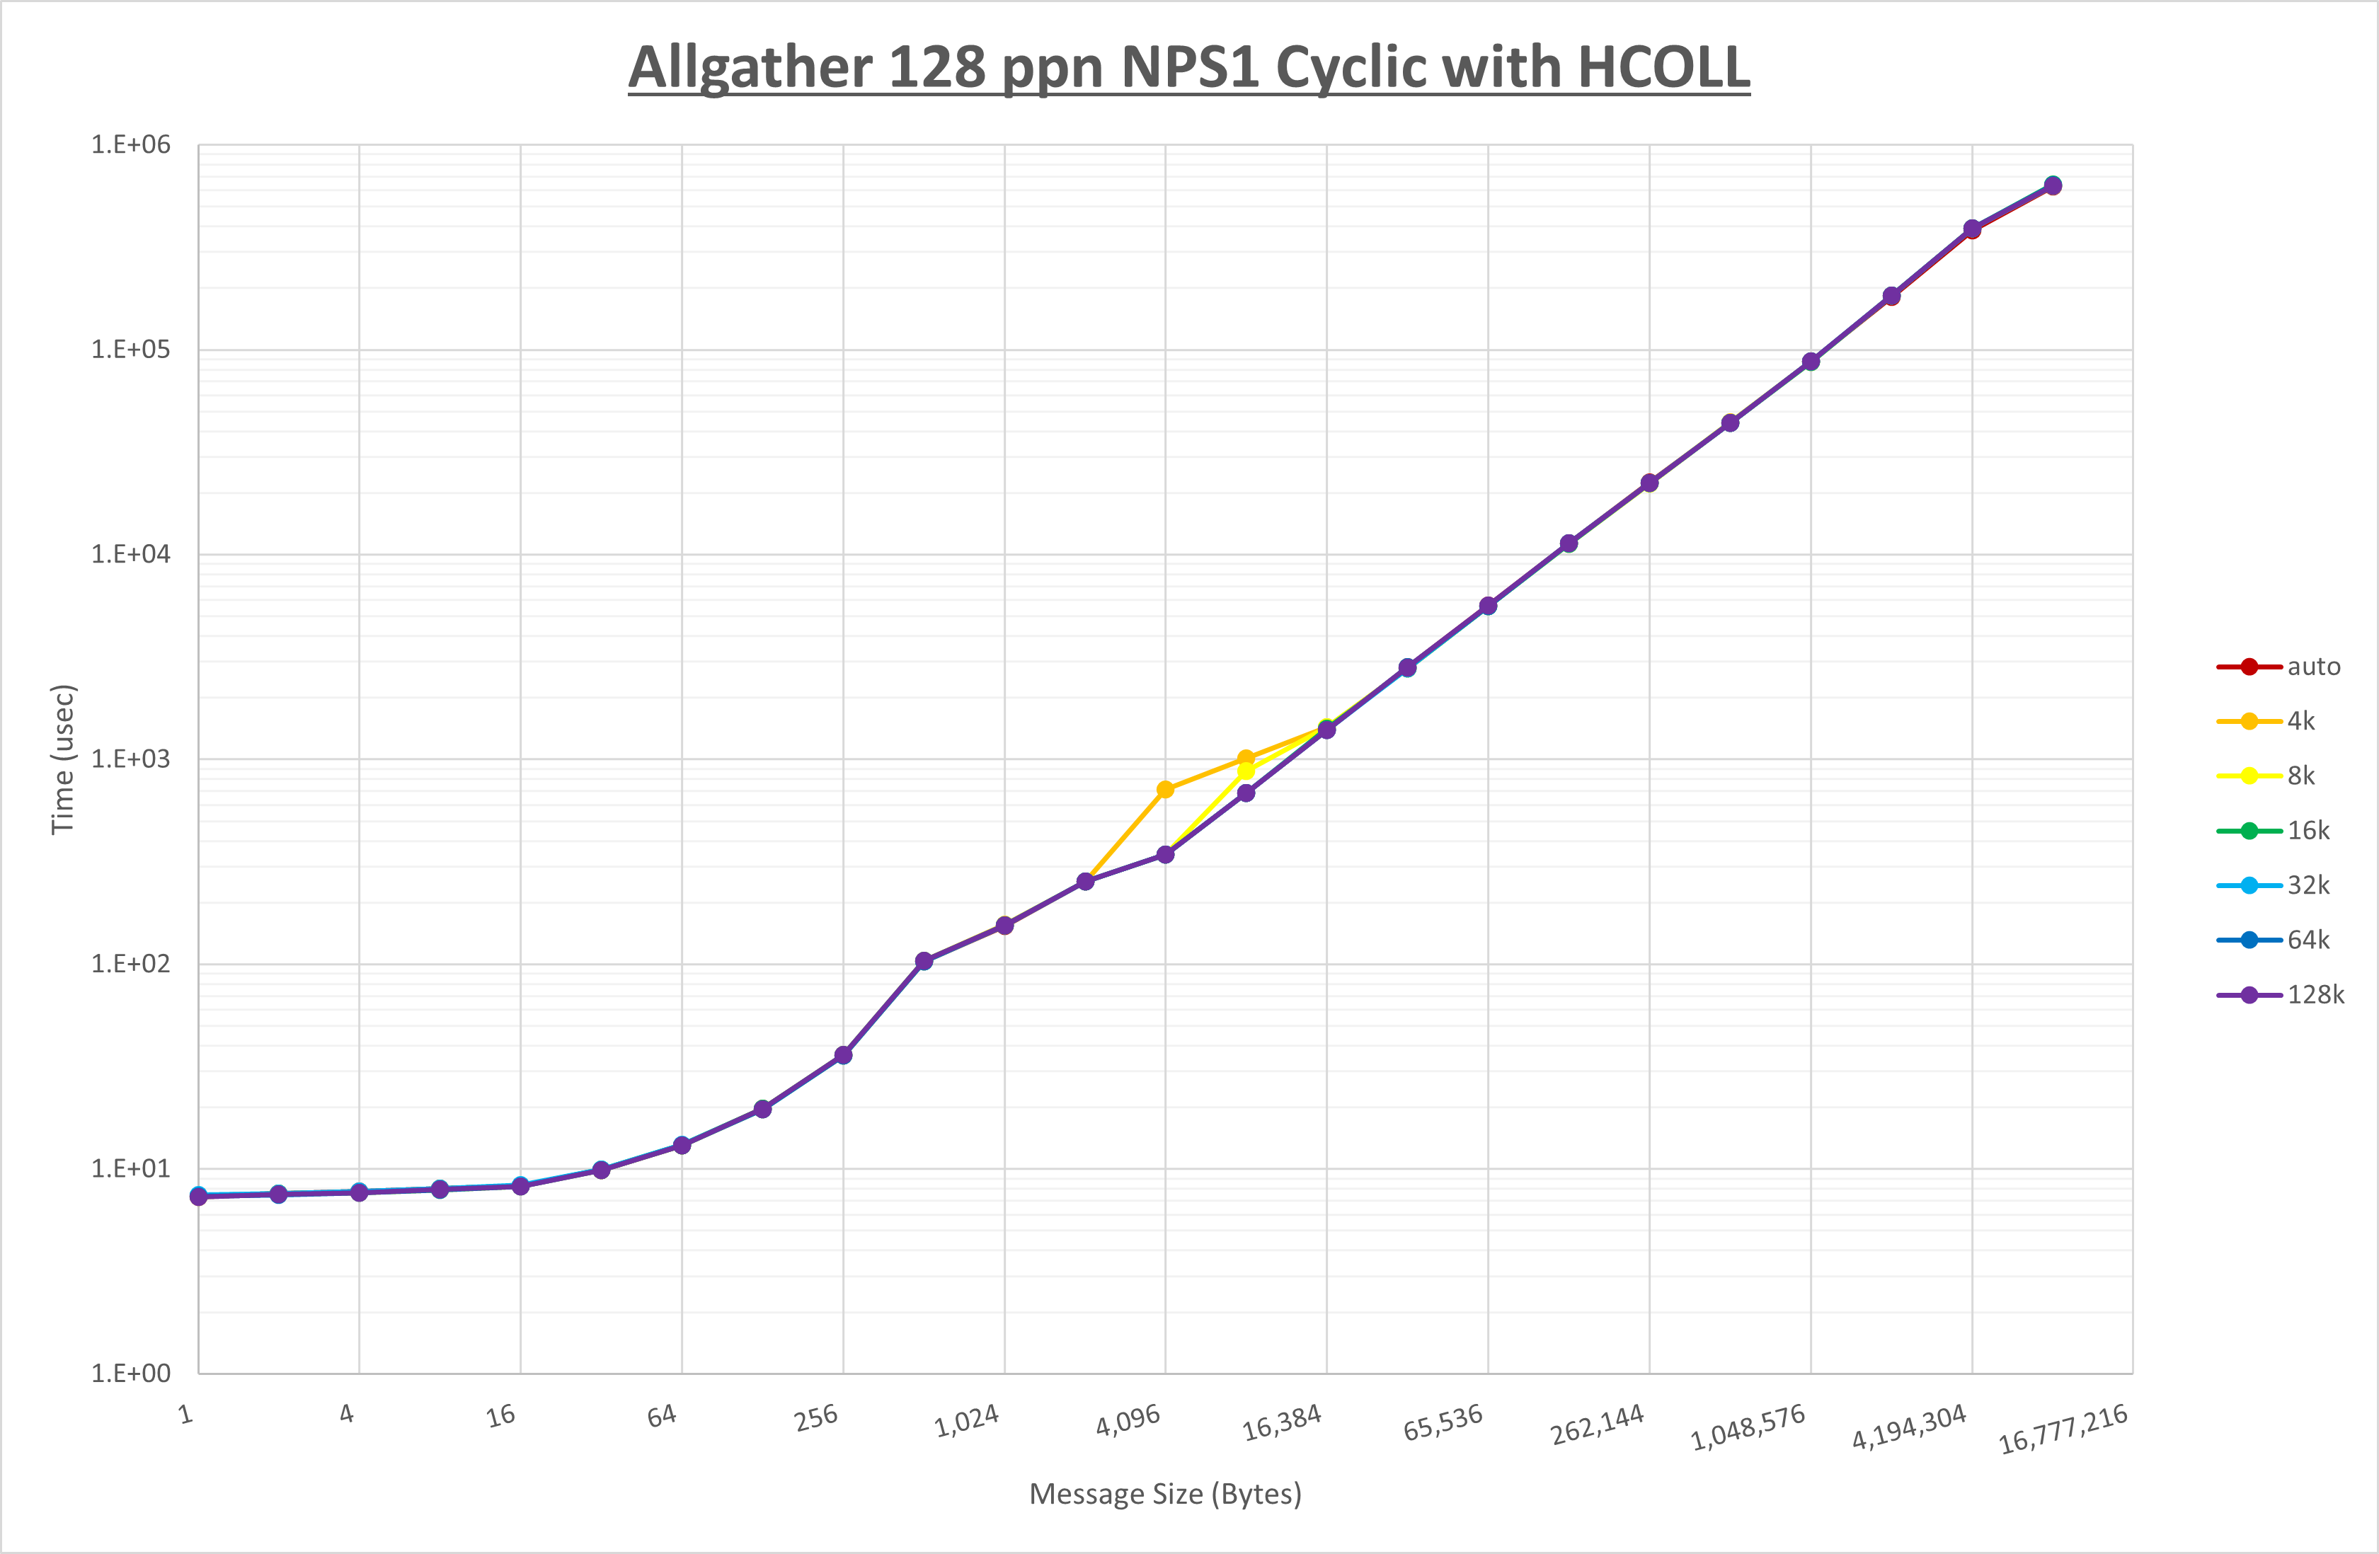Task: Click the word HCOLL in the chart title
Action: click(x=1663, y=68)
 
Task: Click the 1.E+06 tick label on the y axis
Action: click(x=131, y=145)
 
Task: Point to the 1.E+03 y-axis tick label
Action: click(x=131, y=759)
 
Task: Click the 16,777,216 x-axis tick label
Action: click(x=2063, y=1429)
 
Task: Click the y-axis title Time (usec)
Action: click(x=63, y=759)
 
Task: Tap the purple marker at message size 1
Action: click(x=199, y=1196)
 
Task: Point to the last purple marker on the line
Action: click(x=2052, y=186)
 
